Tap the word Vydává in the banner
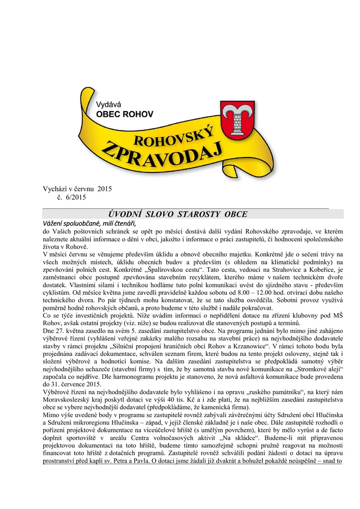tap(108, 104)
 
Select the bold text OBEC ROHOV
tap(124, 114)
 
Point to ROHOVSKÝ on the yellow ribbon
tap(174, 137)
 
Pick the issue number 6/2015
tap(75, 197)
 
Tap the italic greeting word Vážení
tap(56, 222)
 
